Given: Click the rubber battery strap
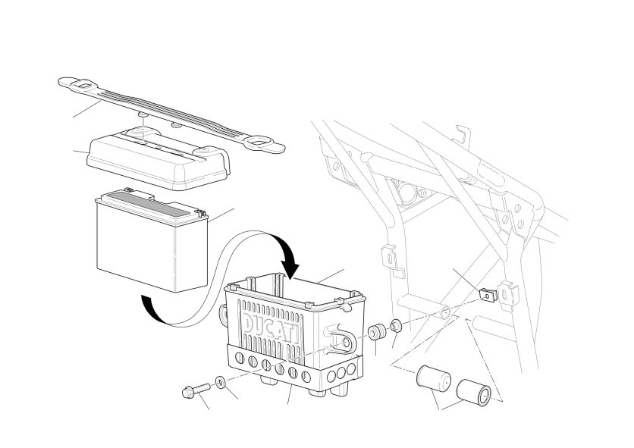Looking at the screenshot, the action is point(172,115).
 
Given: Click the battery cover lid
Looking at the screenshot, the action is point(158,158).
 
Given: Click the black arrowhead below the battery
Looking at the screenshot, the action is point(148,305).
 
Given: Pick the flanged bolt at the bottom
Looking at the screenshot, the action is point(196,390).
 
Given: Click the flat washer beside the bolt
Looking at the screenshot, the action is point(221,382).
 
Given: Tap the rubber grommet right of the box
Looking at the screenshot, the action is point(376,332).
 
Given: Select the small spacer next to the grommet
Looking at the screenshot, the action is point(396,324).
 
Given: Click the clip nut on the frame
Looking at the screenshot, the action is point(488,296).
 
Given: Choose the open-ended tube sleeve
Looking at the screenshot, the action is point(474,393).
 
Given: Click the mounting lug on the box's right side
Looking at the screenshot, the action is point(343,339).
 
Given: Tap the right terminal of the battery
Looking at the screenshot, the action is point(199,211).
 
